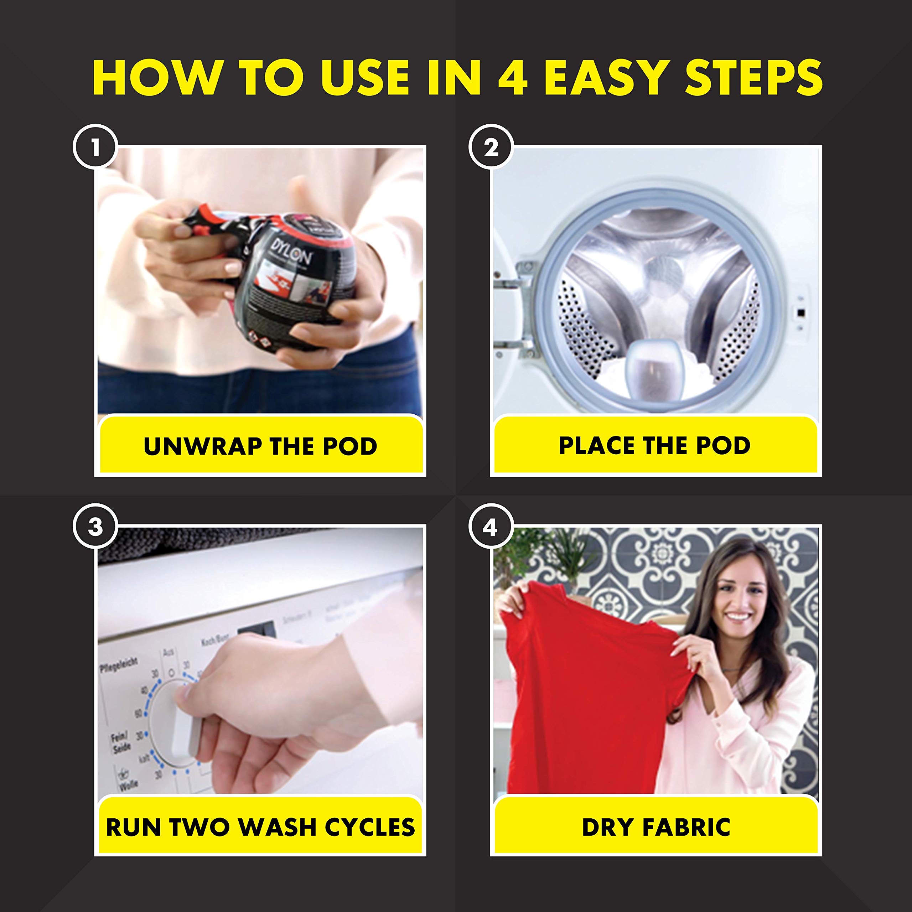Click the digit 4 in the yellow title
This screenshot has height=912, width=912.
click(512, 77)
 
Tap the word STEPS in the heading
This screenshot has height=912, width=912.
click(753, 77)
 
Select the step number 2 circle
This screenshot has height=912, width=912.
click(491, 147)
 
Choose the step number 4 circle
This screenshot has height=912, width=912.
click(491, 526)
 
